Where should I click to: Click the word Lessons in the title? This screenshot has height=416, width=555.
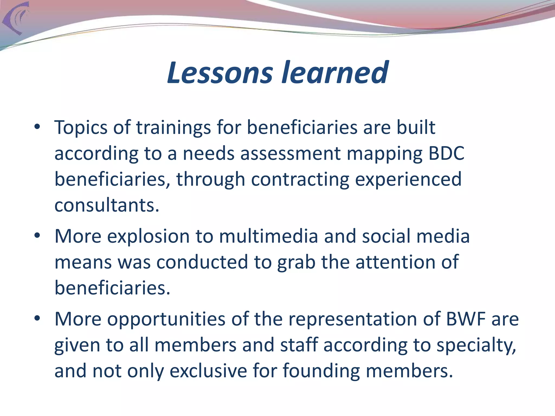click(220, 73)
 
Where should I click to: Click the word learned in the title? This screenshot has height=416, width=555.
click(335, 73)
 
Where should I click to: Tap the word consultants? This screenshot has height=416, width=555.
click(107, 205)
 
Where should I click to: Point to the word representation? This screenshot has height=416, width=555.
click(353, 319)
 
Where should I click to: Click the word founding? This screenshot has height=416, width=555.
click(321, 371)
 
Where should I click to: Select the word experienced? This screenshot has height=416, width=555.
click(408, 180)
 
